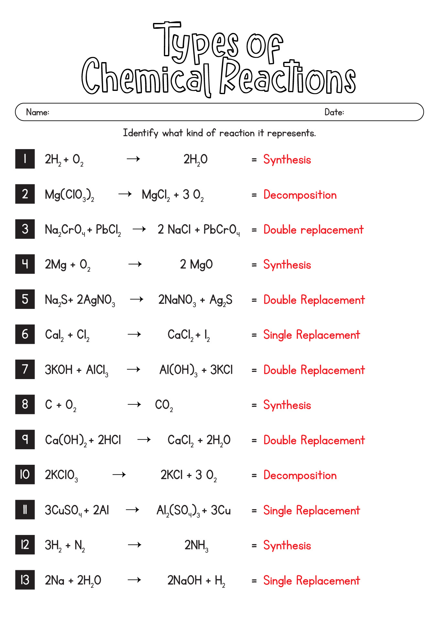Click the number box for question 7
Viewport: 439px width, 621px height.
tap(25, 369)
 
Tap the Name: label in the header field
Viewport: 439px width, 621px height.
tap(37, 112)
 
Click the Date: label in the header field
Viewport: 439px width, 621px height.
tap(334, 112)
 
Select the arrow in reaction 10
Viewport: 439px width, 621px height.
tap(119, 475)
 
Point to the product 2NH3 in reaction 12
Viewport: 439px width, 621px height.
tap(196, 545)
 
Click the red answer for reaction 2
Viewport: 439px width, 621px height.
tap(300, 195)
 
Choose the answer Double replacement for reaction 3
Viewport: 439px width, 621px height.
tap(313, 230)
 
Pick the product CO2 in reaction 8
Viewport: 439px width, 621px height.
tap(164, 405)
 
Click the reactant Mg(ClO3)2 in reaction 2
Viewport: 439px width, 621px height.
tap(70, 195)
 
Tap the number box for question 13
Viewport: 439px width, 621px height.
tap(25, 580)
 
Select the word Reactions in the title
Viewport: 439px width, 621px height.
tap(287, 78)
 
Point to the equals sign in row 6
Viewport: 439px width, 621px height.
tap(254, 335)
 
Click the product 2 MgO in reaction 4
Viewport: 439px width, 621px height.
tap(196, 265)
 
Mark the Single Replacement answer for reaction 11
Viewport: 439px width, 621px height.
tap(311, 510)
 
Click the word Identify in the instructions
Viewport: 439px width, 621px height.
tap(140, 133)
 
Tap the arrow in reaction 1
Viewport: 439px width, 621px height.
tap(133, 159)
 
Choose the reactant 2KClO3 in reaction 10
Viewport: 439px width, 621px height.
tap(61, 475)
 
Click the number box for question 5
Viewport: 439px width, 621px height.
tap(25, 299)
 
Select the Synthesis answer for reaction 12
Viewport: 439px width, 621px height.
tap(287, 546)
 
